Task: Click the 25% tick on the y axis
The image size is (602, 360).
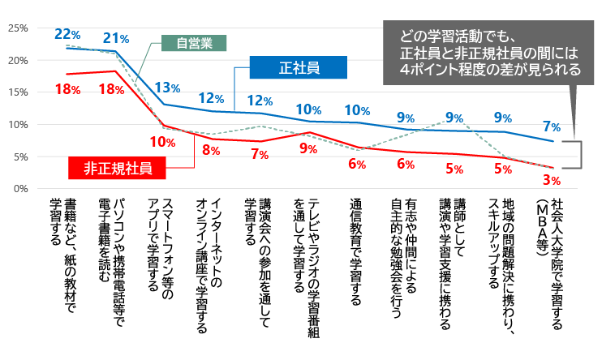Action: (18, 28)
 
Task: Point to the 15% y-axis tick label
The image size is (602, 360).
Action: (18, 92)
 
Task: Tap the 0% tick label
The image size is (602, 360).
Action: (20, 189)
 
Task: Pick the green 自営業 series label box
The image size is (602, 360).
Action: (193, 43)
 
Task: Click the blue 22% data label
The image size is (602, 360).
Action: (67, 34)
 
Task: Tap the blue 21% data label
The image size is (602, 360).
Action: (117, 38)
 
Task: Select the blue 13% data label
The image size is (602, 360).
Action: (167, 88)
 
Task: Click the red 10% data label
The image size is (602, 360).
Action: (163, 141)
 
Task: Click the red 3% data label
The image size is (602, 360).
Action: (553, 179)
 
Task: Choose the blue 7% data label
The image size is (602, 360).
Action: (553, 126)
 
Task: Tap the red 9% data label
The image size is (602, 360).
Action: (308, 148)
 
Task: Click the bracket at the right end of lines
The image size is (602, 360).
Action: (578, 153)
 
